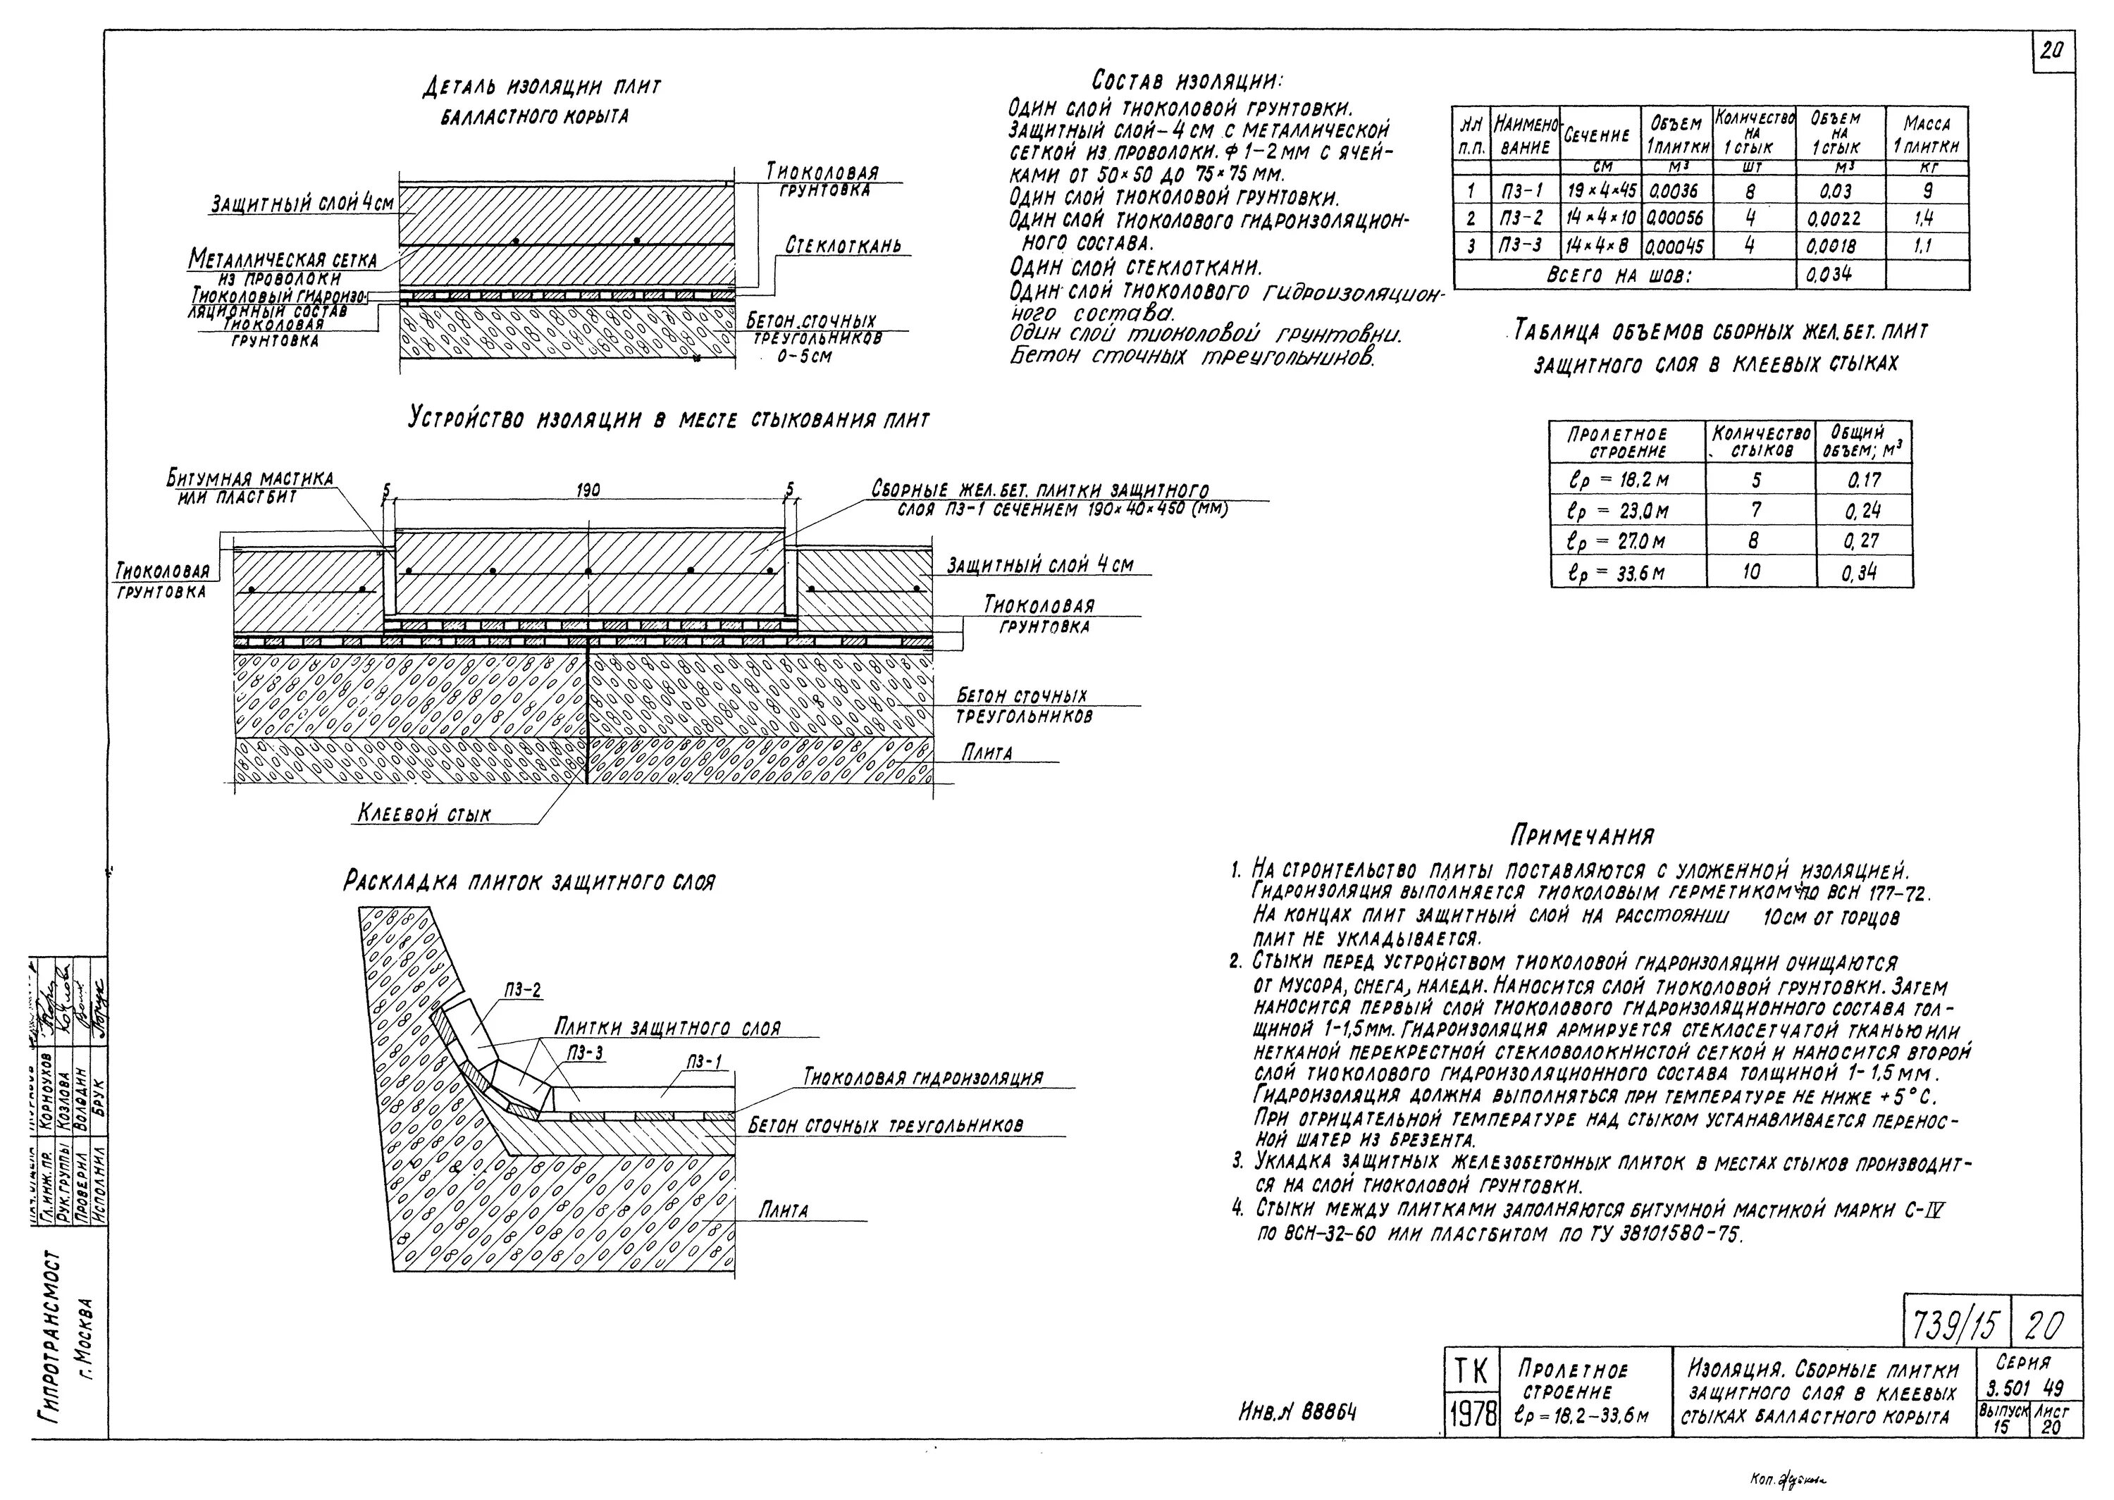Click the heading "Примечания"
click(x=1581, y=836)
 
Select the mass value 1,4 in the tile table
click(x=1927, y=219)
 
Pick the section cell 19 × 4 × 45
click(x=1602, y=191)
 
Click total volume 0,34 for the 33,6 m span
click(x=1863, y=573)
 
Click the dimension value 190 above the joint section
click(x=588, y=491)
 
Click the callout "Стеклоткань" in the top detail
click(x=842, y=246)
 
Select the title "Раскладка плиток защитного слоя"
click(x=529, y=882)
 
